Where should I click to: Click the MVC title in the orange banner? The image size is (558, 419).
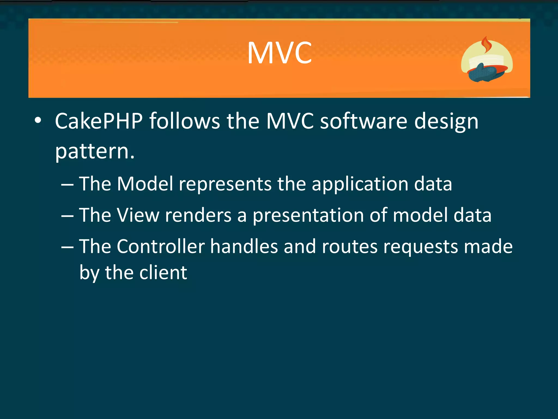click(280, 53)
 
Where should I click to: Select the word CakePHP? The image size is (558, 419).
click(99, 121)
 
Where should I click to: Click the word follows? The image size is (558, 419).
click(184, 121)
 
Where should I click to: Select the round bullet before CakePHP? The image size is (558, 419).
click(38, 120)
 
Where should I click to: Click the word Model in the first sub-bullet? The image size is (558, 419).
click(145, 184)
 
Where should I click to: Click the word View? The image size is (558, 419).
click(138, 215)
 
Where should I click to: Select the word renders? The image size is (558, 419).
click(198, 215)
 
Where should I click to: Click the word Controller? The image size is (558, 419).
click(160, 246)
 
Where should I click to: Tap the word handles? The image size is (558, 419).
click(244, 246)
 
